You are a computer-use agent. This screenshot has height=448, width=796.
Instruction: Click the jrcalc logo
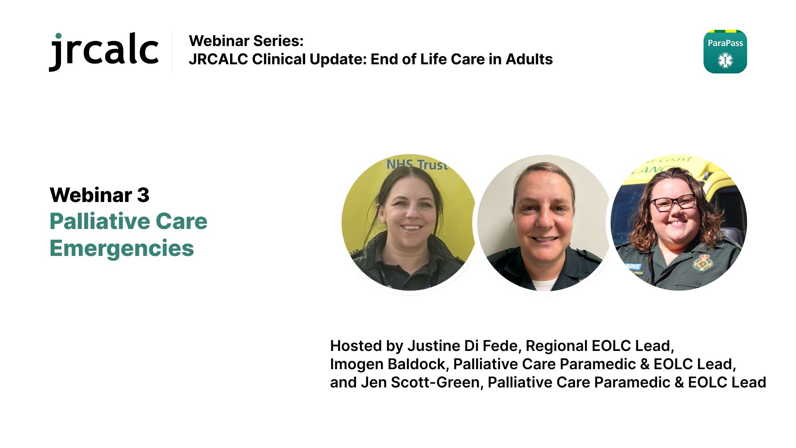pyautogui.click(x=104, y=51)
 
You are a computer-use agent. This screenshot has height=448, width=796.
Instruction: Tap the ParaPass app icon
pyautogui.click(x=725, y=51)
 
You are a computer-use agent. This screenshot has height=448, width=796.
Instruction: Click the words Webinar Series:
pyautogui.click(x=246, y=41)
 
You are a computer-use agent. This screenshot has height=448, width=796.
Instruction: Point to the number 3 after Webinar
pyautogui.click(x=143, y=195)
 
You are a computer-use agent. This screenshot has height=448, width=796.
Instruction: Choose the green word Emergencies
pyautogui.click(x=122, y=248)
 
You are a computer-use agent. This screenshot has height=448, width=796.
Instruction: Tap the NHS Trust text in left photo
pyautogui.click(x=417, y=165)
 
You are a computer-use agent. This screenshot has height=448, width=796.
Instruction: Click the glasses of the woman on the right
pyautogui.click(x=673, y=203)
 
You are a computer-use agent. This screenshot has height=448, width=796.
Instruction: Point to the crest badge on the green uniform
pyautogui.click(x=702, y=263)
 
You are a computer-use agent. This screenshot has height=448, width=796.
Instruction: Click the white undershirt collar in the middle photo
pyautogui.click(x=544, y=285)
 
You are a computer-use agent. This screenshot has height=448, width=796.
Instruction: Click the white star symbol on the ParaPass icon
pyautogui.click(x=726, y=61)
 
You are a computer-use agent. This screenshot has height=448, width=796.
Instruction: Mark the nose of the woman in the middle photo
pyautogui.click(x=543, y=219)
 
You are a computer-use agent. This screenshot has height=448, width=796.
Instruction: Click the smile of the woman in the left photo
pyautogui.click(x=410, y=227)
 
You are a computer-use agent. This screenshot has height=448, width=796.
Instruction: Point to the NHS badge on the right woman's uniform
pyautogui.click(x=633, y=266)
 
